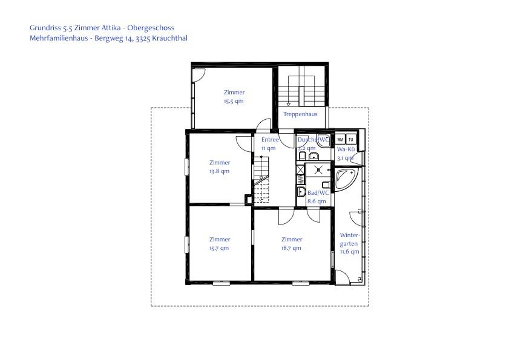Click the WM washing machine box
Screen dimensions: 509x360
[340, 139]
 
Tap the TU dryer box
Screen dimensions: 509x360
[350, 139]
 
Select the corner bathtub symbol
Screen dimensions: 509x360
[347, 179]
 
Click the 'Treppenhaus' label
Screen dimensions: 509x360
[300, 114]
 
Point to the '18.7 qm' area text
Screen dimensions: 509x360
[291, 248]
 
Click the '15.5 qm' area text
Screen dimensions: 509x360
[234, 101]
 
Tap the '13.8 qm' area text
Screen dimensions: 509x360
[220, 171]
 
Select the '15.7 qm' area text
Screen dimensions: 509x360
[219, 248]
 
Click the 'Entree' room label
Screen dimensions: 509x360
[270, 140]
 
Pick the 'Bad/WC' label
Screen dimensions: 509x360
[318, 193]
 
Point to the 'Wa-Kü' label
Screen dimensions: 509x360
[346, 149]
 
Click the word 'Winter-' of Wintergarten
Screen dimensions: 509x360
[350, 235]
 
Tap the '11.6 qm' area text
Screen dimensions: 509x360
[350, 252]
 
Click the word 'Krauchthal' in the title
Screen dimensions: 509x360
[170, 38]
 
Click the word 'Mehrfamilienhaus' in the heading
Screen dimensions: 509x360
[59, 38]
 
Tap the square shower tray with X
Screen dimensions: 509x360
[318, 170]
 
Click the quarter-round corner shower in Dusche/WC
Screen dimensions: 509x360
[324, 140]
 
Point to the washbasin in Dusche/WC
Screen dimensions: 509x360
[314, 157]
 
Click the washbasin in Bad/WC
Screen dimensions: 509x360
[301, 192]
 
